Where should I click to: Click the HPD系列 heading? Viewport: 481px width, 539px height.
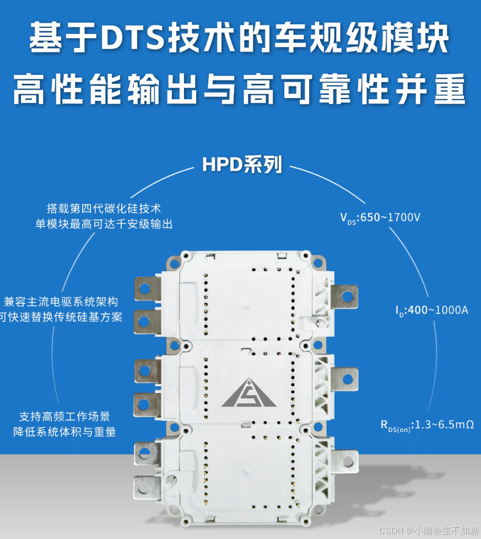click(242, 164)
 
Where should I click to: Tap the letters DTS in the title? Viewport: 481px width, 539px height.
click(132, 37)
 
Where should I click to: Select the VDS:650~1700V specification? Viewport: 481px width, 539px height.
click(380, 218)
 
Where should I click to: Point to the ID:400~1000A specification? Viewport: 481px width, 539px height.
click(432, 310)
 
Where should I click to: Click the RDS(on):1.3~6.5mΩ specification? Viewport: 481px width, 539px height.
click(428, 425)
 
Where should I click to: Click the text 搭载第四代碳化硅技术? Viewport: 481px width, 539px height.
click(104, 208)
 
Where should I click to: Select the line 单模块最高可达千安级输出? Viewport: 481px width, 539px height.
click(104, 224)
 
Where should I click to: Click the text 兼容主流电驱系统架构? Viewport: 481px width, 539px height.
click(61, 302)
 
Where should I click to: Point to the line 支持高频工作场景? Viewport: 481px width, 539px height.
click(64, 416)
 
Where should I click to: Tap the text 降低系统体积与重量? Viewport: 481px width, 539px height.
click(64, 432)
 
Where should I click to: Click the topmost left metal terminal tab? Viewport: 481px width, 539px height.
click(147, 289)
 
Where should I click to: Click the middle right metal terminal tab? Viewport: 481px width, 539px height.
click(344, 379)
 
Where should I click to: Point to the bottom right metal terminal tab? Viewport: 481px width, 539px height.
click(345, 461)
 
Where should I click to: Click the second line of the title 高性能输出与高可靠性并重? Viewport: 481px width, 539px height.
click(240, 89)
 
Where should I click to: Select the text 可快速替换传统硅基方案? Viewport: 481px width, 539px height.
click(61, 317)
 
